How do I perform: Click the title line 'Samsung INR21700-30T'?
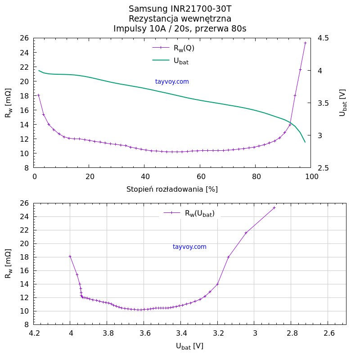coord(180,9)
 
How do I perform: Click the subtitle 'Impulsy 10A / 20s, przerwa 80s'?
coord(180,29)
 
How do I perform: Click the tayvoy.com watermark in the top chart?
coord(172,81)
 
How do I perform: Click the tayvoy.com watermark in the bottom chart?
coord(189,247)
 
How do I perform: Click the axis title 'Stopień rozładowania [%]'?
coord(172,189)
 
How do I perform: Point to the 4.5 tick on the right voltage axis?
coord(323,38)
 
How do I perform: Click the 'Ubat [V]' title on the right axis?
coord(342,103)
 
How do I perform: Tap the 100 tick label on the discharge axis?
coord(311,177)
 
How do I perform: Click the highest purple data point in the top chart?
coord(305,43)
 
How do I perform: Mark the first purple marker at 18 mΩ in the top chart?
coord(38,95)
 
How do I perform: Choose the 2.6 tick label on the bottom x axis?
coord(329,333)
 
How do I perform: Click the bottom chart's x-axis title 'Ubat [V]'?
coord(189,346)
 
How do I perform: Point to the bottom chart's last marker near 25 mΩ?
coord(274,207)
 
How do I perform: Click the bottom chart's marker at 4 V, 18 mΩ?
coord(70,256)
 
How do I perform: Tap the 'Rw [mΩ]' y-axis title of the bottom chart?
coord(8,263)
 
